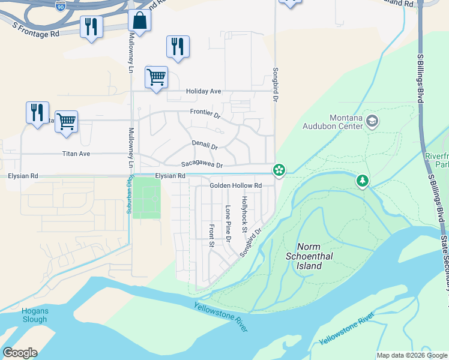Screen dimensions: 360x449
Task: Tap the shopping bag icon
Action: pos(139,20)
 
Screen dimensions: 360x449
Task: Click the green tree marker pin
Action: pos(362,180)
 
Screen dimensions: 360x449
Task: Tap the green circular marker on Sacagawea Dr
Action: pos(279,170)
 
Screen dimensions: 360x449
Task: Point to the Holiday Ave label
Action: pos(203,91)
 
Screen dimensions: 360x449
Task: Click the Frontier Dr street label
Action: pos(205,113)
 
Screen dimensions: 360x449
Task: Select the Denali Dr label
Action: pos(205,145)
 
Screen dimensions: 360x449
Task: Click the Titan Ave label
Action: pos(76,154)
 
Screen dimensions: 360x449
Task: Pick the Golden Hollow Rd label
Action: pos(236,186)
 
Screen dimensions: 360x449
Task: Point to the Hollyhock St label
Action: pos(244,214)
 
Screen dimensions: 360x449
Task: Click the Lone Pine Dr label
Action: pos(228,224)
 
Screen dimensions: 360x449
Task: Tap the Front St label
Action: pos(211,235)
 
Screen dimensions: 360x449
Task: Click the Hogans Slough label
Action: pos(34,315)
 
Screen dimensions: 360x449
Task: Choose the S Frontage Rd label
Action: pos(36,30)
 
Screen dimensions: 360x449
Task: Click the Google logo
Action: pos(20,353)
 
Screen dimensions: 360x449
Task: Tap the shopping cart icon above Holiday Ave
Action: pos(156,77)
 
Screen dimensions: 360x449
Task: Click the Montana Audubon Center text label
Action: pos(346,122)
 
